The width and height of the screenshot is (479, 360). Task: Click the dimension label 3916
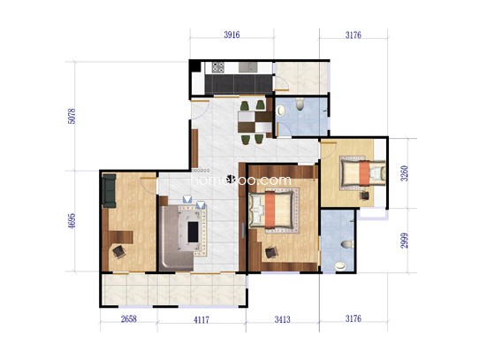click(232, 34)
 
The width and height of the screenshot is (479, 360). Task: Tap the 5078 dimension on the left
click(72, 116)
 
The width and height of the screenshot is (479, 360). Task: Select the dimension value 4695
click(72, 221)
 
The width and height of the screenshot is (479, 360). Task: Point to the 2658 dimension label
click(129, 319)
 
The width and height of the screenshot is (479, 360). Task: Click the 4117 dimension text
click(201, 319)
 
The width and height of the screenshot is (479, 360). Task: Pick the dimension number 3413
click(282, 319)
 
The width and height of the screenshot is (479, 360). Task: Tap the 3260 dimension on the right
click(405, 173)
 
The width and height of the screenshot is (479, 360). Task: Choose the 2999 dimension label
click(405, 241)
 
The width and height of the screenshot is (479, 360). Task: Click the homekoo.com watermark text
click(241, 180)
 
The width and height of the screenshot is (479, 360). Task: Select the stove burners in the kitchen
click(218, 67)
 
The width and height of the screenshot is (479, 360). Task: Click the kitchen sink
click(248, 67)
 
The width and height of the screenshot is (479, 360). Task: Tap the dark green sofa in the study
click(109, 191)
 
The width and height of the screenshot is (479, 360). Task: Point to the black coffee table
click(193, 232)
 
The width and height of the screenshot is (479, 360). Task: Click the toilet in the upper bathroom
click(300, 104)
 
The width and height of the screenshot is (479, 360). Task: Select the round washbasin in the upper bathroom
click(280, 111)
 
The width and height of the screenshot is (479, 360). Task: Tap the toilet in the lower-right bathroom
click(347, 244)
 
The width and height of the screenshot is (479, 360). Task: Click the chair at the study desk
click(118, 251)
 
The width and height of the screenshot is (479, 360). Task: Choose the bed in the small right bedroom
click(363, 173)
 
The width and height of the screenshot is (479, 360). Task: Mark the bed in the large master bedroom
click(271, 210)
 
